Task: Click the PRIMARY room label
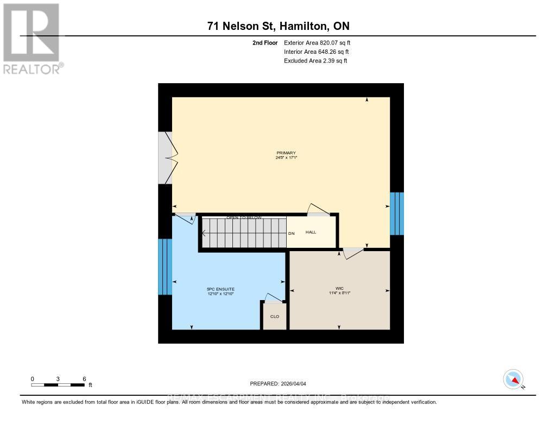click(286, 153)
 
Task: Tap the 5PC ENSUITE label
click(220, 289)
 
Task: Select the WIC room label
click(339, 288)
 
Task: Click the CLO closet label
click(275, 316)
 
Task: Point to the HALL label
click(311, 232)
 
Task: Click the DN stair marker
click(291, 233)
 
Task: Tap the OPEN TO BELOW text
click(244, 217)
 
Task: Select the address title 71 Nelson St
click(279, 26)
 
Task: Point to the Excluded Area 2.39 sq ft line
click(315, 61)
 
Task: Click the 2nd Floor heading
click(265, 42)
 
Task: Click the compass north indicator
click(514, 379)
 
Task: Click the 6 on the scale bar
click(84, 378)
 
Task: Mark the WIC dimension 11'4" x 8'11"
click(339, 293)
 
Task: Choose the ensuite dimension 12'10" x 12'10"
click(220, 294)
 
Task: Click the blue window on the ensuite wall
click(165, 267)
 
